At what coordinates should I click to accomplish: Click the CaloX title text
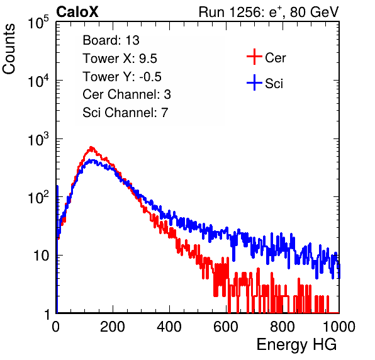coord(77,12)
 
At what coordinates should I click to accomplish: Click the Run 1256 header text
coord(269,12)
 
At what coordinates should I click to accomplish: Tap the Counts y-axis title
coord(9,49)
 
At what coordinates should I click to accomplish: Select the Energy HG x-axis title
coord(296,345)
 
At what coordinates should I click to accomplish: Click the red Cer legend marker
coord(254,57)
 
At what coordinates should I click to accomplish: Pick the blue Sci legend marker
coord(254,83)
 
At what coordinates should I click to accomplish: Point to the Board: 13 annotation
coord(111,40)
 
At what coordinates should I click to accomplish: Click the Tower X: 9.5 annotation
coord(120,59)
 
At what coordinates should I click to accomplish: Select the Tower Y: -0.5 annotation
coord(122,77)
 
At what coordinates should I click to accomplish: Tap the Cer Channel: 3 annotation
coord(126,94)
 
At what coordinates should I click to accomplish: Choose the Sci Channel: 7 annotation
coord(125,113)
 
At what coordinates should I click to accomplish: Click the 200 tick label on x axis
coord(113,327)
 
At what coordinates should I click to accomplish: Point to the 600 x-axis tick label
coord(226,327)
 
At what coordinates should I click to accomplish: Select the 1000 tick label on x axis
coord(339,327)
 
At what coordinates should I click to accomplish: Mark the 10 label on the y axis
coord(41,256)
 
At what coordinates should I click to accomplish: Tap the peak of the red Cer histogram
coord(91,147)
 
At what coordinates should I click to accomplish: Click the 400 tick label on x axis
coord(169,327)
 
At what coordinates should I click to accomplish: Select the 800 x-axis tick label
coord(283,327)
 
